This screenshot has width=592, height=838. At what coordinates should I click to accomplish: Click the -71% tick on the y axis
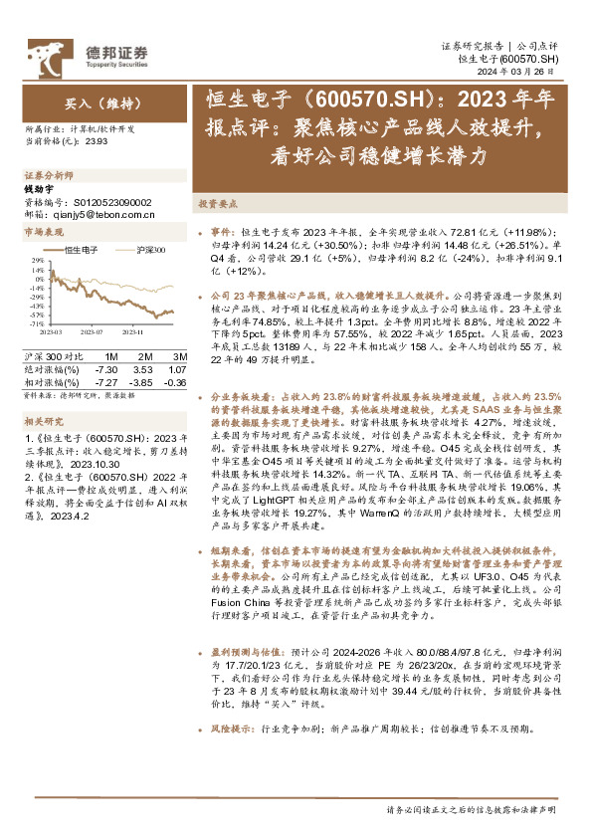[x=36, y=324]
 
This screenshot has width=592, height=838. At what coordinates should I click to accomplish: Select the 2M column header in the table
[x=145, y=356]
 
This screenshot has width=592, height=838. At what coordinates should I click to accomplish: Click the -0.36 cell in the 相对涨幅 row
[x=175, y=382]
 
